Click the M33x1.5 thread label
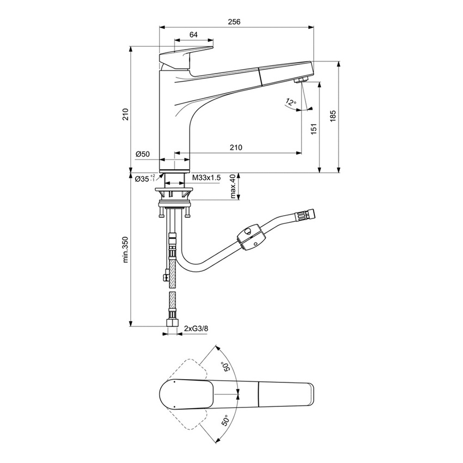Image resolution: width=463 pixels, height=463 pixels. [206, 178]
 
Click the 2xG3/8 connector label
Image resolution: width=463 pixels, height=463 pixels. [196, 328]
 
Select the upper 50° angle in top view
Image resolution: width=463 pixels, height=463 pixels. [224, 367]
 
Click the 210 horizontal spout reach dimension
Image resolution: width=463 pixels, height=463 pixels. [235, 148]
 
